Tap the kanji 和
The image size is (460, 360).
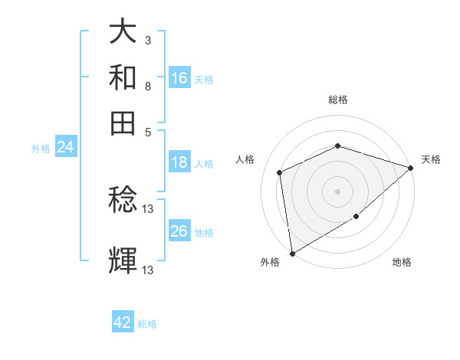click(x=123, y=79)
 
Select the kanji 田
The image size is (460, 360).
click(x=123, y=122)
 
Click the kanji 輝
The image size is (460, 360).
click(x=123, y=260)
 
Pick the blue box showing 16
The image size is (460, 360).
click(x=179, y=78)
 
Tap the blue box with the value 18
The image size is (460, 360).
click(x=179, y=162)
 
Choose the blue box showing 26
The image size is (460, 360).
click(x=179, y=231)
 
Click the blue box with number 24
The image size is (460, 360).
click(x=65, y=148)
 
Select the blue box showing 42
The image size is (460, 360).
click(x=123, y=322)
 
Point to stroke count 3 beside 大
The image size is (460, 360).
click(x=148, y=39)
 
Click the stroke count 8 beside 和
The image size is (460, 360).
click(x=148, y=86)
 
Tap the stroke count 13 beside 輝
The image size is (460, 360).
click(x=148, y=270)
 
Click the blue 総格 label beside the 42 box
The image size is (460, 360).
click(x=147, y=324)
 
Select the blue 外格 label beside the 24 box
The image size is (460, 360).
click(x=41, y=149)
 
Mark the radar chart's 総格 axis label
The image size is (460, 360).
click(x=337, y=100)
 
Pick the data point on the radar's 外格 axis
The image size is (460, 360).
click(x=292, y=253)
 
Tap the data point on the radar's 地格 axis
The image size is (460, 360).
click(x=356, y=217)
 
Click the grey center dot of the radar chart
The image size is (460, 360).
click(x=337, y=191)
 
